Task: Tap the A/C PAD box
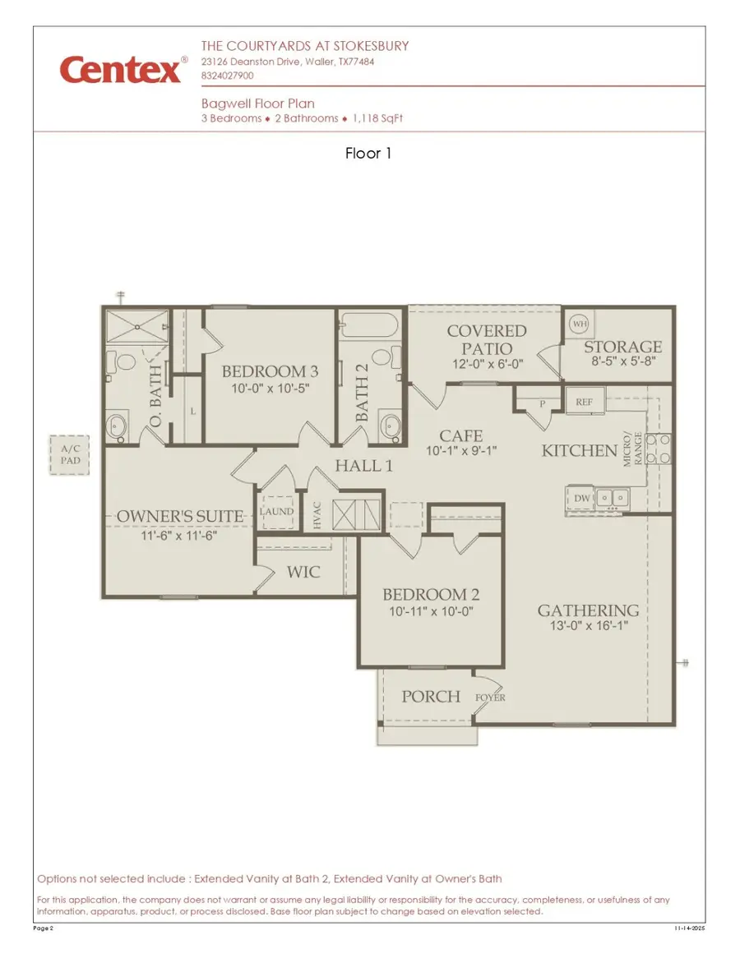click(65, 454)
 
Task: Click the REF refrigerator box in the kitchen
click(585, 403)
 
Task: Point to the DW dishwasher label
click(581, 498)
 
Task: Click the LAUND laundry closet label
click(276, 511)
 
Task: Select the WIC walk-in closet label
click(303, 571)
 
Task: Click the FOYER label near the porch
click(490, 698)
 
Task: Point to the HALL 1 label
click(363, 467)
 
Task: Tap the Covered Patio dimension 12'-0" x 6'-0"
click(486, 365)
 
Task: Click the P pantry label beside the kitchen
click(543, 403)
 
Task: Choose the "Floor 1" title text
click(368, 153)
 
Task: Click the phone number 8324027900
click(227, 75)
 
